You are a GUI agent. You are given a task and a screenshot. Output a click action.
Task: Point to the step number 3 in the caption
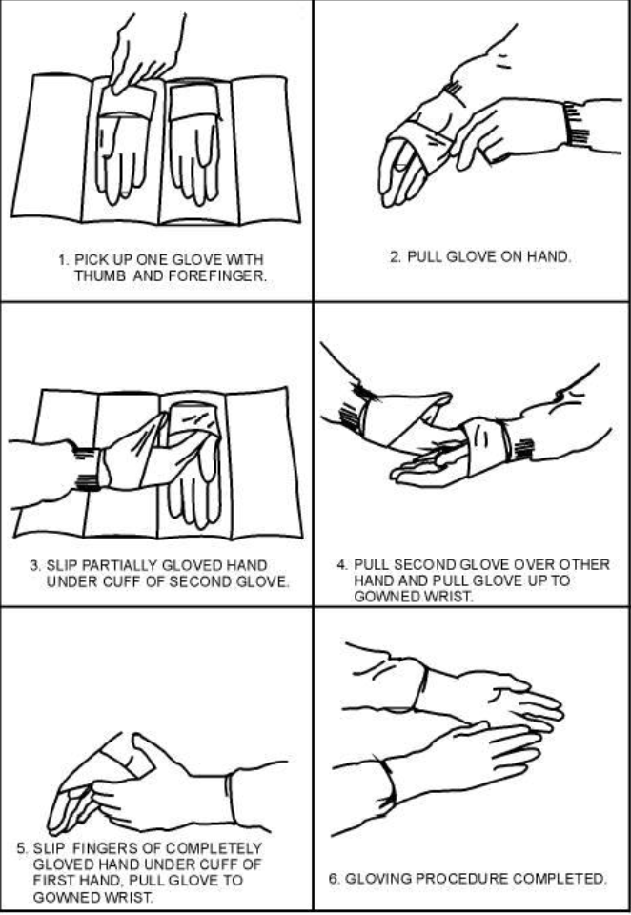pyautogui.click(x=34, y=565)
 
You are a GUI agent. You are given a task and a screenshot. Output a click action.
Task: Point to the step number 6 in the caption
pyautogui.click(x=332, y=879)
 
